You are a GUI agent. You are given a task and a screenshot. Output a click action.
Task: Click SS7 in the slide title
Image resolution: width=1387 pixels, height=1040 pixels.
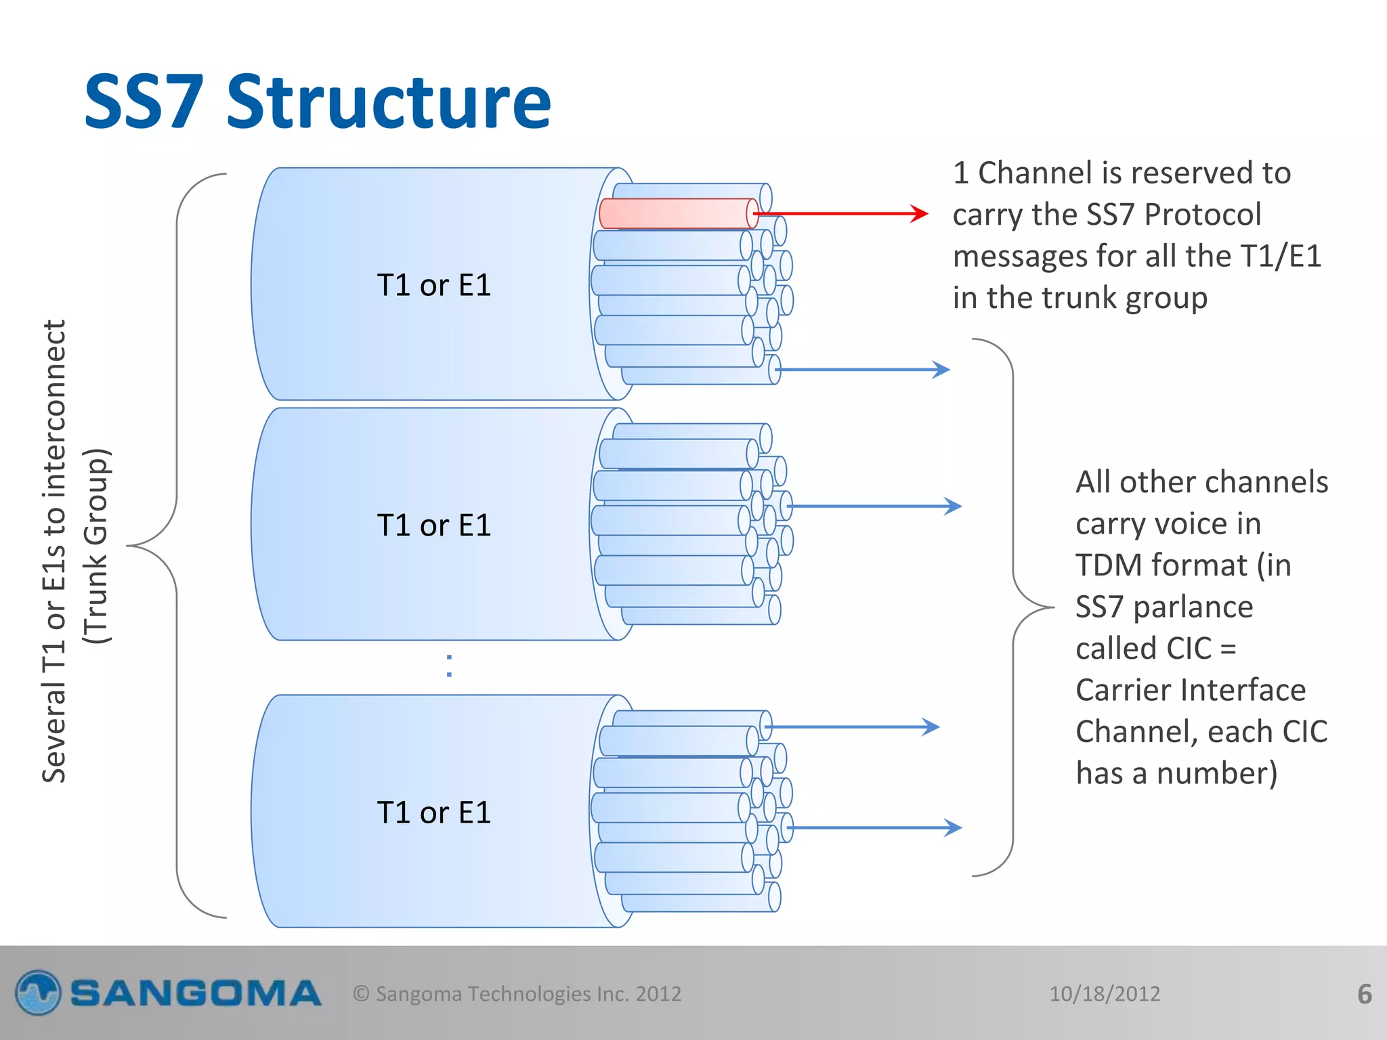point(144,103)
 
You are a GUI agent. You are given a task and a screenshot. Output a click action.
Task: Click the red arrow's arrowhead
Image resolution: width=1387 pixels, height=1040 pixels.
point(920,213)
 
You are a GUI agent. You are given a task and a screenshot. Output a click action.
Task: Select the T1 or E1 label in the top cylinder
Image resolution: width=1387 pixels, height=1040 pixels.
point(433,285)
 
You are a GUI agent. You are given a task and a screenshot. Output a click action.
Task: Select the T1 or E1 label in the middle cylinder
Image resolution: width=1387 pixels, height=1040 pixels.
point(433,525)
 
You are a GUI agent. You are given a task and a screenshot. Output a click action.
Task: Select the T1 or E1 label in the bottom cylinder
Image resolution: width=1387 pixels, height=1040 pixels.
point(433,812)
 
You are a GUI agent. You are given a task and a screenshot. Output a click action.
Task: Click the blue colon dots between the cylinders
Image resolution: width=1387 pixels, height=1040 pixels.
point(449,666)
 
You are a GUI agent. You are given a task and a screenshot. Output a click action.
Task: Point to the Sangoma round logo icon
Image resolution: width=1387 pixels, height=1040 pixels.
point(38,993)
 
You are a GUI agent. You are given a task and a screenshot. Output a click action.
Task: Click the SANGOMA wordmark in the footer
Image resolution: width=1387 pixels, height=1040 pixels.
point(195,993)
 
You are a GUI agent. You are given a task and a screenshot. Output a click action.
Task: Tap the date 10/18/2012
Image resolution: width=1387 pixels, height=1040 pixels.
point(1104,993)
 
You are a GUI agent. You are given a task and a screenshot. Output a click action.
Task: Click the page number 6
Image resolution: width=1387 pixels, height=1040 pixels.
point(1365,993)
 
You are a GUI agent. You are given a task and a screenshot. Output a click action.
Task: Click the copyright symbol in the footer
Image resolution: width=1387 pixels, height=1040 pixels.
point(361,993)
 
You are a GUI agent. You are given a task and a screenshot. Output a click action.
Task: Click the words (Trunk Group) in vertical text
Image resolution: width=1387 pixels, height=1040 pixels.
point(95,546)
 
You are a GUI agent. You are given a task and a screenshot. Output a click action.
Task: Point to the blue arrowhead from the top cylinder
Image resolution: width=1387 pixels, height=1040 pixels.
point(941,370)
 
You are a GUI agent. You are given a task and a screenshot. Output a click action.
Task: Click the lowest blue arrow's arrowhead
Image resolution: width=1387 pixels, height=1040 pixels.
point(953,827)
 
